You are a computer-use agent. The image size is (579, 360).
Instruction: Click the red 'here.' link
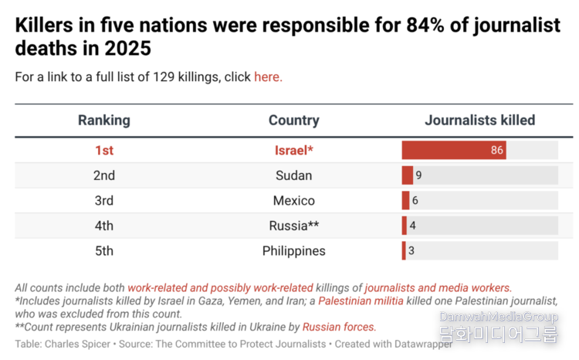pos(268,76)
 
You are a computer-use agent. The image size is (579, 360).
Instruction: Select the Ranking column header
pos(103,121)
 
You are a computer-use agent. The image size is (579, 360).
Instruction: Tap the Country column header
pos(293,121)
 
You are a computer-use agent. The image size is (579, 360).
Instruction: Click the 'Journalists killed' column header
pos(479,121)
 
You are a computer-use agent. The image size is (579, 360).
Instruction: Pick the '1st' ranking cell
pos(103,150)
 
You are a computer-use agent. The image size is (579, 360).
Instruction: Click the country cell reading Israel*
pos(293,150)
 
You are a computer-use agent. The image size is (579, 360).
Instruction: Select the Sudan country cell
pos(293,175)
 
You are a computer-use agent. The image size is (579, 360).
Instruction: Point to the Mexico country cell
pos(293,201)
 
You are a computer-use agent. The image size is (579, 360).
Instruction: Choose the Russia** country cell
pos(293,226)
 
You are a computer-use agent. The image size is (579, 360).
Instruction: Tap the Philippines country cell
pos(293,251)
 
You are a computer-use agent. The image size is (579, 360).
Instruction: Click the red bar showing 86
pos(453,150)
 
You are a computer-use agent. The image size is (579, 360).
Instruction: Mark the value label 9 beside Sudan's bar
pos(418,175)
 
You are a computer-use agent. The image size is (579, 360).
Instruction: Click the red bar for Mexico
pos(405,201)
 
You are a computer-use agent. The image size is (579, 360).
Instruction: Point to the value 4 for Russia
pos(413,226)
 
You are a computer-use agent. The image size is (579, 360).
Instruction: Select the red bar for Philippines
pos(403,251)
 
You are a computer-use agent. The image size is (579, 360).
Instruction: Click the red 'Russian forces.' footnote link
pos(339,327)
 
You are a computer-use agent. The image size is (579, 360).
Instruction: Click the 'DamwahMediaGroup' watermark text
pos(498,317)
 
